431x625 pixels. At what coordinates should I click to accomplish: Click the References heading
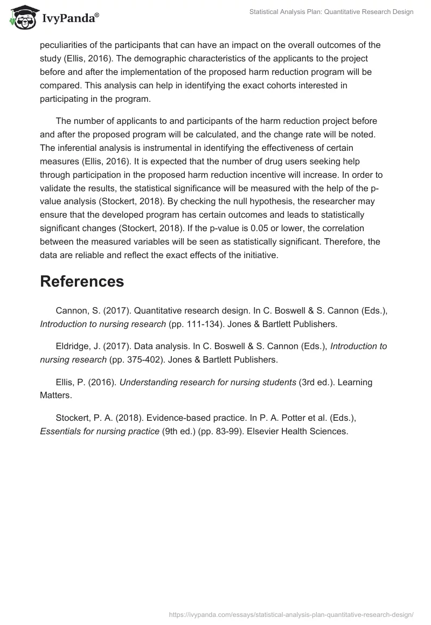pyautogui.click(x=82, y=281)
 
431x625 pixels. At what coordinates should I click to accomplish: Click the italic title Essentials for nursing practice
pyautogui.click(x=100, y=432)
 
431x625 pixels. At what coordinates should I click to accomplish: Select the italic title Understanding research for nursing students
pyautogui.click(x=207, y=382)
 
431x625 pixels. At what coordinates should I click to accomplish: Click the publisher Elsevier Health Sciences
pyautogui.click(x=297, y=432)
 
